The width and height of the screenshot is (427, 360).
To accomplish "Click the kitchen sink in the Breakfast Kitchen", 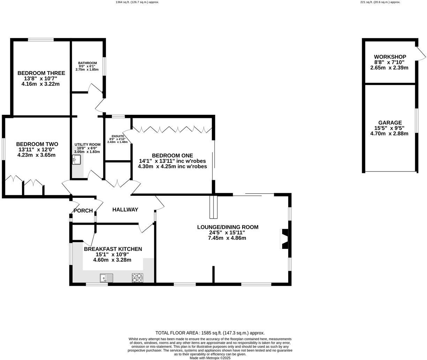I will (x=106, y=278).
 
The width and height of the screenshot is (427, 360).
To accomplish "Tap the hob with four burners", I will (x=137, y=278).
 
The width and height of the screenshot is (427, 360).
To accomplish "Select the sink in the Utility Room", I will (x=76, y=160).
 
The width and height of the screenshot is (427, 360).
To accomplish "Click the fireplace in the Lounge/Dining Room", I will (x=285, y=239).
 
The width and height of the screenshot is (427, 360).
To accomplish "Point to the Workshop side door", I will (x=421, y=52).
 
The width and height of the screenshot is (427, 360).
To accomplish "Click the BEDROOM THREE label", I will (x=41, y=73).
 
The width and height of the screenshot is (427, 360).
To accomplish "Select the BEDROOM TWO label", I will (x=37, y=144).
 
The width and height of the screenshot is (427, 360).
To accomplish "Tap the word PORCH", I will (x=83, y=211).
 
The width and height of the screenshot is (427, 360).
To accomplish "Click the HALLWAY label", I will (x=125, y=210).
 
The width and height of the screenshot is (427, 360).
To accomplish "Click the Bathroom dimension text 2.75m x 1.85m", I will (x=87, y=70).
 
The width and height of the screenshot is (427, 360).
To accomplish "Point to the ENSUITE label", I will (x=118, y=136).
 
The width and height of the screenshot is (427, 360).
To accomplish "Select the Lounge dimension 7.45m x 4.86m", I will (x=227, y=238).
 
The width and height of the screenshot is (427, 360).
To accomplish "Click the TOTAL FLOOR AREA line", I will (x=210, y=333).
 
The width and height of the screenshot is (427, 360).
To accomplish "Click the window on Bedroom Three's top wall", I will (x=41, y=40).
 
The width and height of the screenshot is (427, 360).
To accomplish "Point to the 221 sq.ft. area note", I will (x=380, y=2).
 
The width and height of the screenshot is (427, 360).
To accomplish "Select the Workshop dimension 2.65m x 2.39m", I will (x=389, y=68).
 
